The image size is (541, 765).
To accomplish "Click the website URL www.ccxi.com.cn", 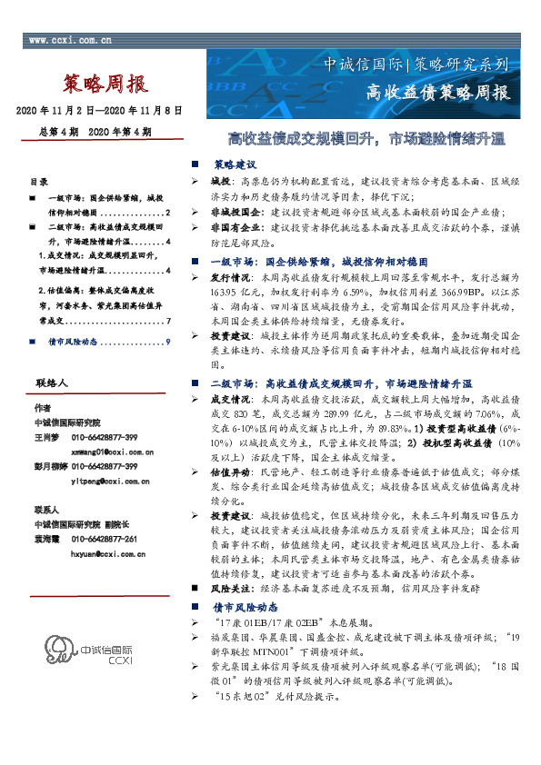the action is (72, 40).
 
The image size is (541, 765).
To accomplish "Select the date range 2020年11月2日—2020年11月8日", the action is (100, 110).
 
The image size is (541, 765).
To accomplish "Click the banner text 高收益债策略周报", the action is (438, 93).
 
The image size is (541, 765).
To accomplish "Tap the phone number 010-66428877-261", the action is (111, 539).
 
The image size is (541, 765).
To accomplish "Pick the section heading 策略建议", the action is (235, 165).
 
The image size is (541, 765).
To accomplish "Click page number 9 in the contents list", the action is (169, 342).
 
